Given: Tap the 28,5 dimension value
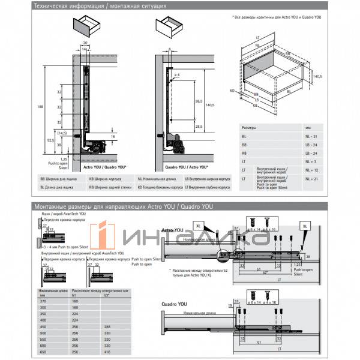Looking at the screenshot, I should coord(198,127).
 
